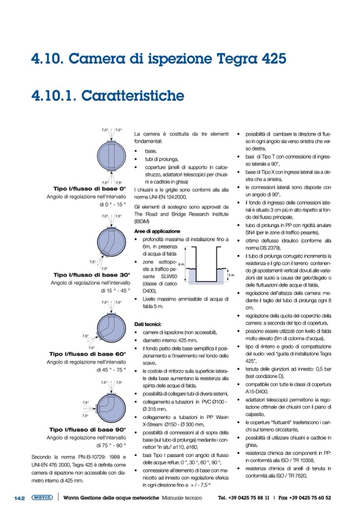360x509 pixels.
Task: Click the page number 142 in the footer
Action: pos(20,498)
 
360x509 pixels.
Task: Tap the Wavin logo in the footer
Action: pos(42,498)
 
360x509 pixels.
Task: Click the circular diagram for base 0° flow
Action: pos(111,156)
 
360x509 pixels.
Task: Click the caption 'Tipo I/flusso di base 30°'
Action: pos(92,275)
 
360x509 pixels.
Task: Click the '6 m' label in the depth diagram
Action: pos(181,264)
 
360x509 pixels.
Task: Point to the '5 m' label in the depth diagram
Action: pos(230,275)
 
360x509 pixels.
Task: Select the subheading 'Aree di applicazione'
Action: pos(157,231)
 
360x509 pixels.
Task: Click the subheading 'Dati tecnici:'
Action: pos(151,324)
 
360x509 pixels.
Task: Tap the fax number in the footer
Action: pos(313,498)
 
